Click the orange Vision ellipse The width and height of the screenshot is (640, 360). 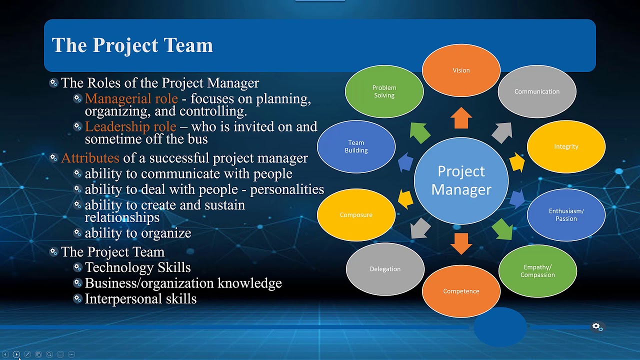[461, 70]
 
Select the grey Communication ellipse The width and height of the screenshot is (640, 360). [537, 91]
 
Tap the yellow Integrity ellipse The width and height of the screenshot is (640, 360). [566, 146]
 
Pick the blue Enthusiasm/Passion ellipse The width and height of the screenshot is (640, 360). [566, 215]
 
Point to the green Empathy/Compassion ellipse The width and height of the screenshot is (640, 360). [537, 271]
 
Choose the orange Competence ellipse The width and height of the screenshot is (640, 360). [461, 291]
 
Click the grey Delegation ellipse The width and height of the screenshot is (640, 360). [385, 269]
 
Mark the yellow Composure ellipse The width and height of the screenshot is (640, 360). [356, 215]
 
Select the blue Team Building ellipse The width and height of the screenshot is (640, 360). [356, 146]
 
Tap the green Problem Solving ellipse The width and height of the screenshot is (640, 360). [384, 91]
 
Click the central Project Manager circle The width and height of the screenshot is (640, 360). [461, 180]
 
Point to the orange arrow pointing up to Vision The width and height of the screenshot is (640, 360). [461, 118]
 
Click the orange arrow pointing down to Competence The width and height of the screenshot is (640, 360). [461, 243]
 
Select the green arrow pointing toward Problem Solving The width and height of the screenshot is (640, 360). [420, 132]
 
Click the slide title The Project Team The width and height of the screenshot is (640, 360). [132, 45]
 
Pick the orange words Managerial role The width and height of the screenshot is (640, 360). [131, 98]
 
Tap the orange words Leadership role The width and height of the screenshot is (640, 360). [130, 126]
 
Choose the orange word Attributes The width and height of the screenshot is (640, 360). [90, 158]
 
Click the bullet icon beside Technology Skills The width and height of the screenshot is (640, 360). [77, 267]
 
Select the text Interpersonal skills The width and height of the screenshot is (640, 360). [140, 299]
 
